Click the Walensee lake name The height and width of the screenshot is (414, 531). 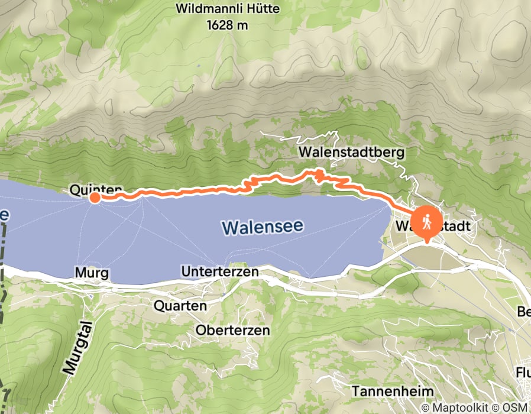tap(263, 226)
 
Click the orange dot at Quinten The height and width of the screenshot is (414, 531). tap(95, 198)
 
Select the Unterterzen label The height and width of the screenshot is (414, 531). tap(221, 272)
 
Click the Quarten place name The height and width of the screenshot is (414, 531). tap(180, 306)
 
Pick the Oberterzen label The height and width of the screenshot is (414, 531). tap(233, 329)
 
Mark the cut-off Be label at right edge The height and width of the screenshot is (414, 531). tap(523, 312)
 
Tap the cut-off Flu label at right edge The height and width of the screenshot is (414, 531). tap(523, 373)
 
